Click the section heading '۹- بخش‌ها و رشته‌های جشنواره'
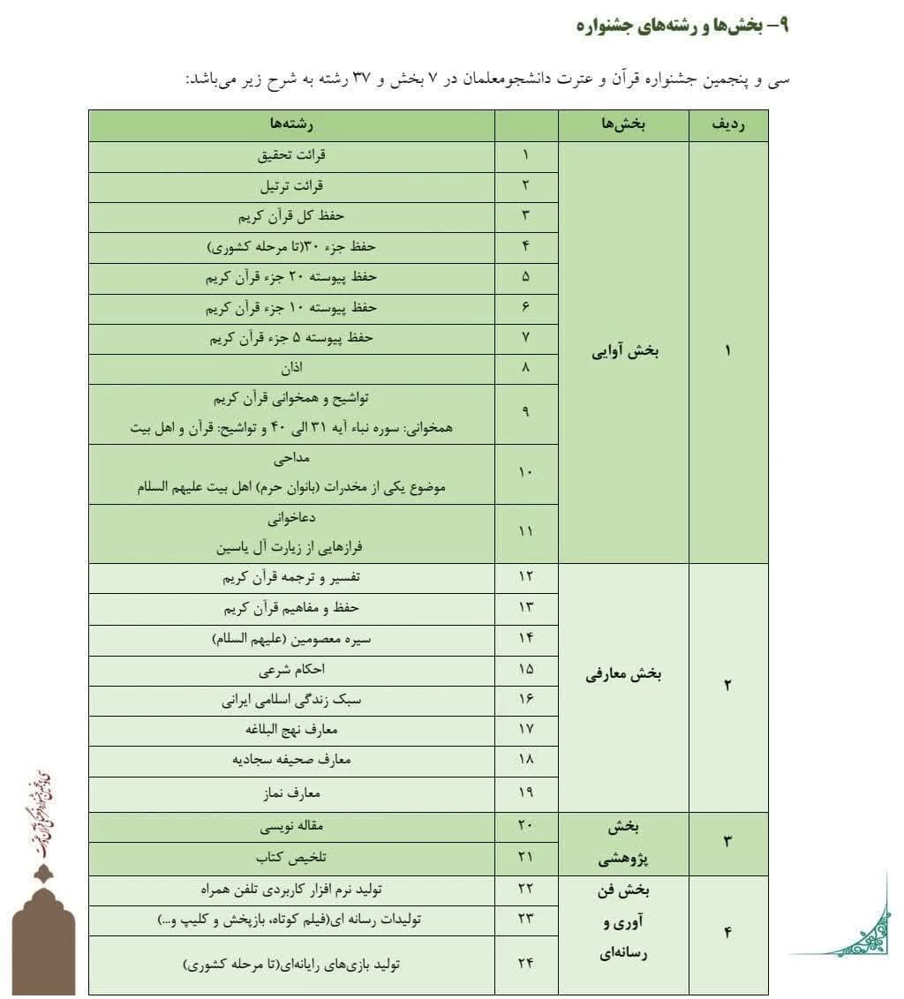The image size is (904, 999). pos(681,26)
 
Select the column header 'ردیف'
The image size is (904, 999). pos(728,125)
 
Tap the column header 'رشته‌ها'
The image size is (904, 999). pos(291,125)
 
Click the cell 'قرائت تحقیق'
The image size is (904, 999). pos(291,155)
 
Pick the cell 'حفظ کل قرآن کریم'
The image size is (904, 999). pos(291,215)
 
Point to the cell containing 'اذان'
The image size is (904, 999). pos(291,368)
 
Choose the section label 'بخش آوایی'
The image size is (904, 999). pos(625,351)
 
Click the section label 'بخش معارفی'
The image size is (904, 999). pos(624,675)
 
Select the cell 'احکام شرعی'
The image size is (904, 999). pos(291,670)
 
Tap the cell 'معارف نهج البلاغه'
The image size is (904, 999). pos(291,730)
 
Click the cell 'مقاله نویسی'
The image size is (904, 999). pos(291,827)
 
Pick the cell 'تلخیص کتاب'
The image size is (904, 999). pos(291,857)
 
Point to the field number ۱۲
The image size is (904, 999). pos(526,577)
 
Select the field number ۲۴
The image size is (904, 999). pos(526,963)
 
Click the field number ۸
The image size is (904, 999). pos(526,368)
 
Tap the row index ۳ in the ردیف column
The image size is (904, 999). pos(728,841)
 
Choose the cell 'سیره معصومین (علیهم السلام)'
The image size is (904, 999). pos(291,639)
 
